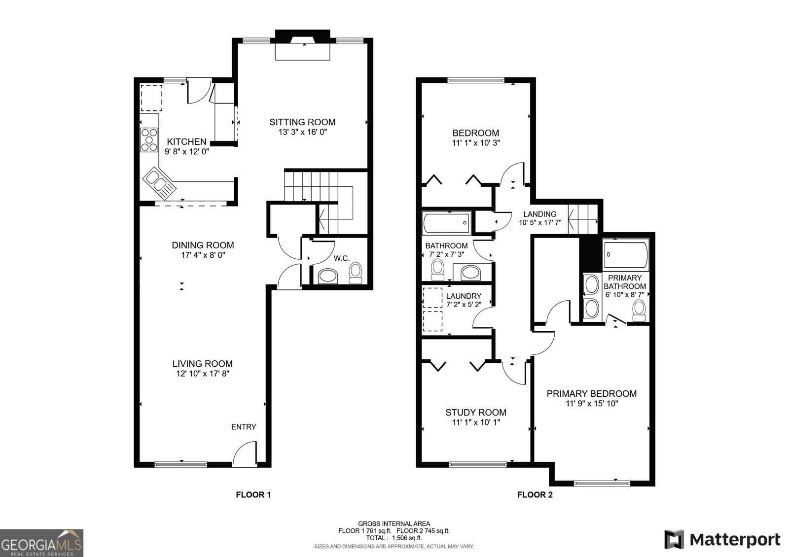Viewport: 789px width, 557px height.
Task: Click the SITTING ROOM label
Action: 302,122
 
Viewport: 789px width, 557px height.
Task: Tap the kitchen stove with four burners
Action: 149,139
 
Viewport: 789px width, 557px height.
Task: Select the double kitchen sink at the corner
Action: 158,181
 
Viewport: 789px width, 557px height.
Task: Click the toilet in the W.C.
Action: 355,272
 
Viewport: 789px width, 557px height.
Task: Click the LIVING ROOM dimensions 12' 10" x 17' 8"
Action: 203,374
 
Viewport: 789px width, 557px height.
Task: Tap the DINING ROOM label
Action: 203,245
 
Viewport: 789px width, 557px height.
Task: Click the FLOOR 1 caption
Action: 253,494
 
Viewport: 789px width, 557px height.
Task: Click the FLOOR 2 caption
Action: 535,494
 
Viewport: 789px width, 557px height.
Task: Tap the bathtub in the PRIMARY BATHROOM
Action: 625,255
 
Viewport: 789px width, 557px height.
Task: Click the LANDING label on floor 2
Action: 539,214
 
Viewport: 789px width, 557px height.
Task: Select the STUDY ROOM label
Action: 475,412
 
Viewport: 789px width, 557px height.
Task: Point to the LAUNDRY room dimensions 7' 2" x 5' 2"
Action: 464,305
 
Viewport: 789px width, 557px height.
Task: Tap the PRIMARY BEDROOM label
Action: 591,393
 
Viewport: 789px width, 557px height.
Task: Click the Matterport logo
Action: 722,539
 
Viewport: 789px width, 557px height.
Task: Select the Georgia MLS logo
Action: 41,543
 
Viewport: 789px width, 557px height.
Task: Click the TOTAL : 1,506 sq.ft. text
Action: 394,538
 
